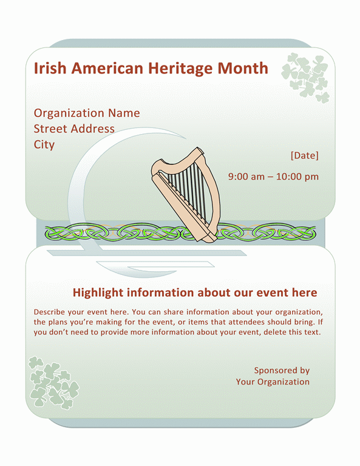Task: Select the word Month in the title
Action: [x=243, y=68]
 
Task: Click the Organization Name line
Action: [x=87, y=113]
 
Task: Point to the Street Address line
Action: [x=74, y=129]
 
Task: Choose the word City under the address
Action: [x=44, y=145]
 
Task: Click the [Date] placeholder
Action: [x=304, y=155]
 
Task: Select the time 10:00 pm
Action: [x=297, y=177]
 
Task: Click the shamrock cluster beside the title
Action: [x=305, y=78]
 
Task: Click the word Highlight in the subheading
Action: [x=98, y=292]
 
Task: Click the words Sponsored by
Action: [x=282, y=371]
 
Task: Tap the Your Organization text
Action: [x=273, y=382]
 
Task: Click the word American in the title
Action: [x=107, y=68]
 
